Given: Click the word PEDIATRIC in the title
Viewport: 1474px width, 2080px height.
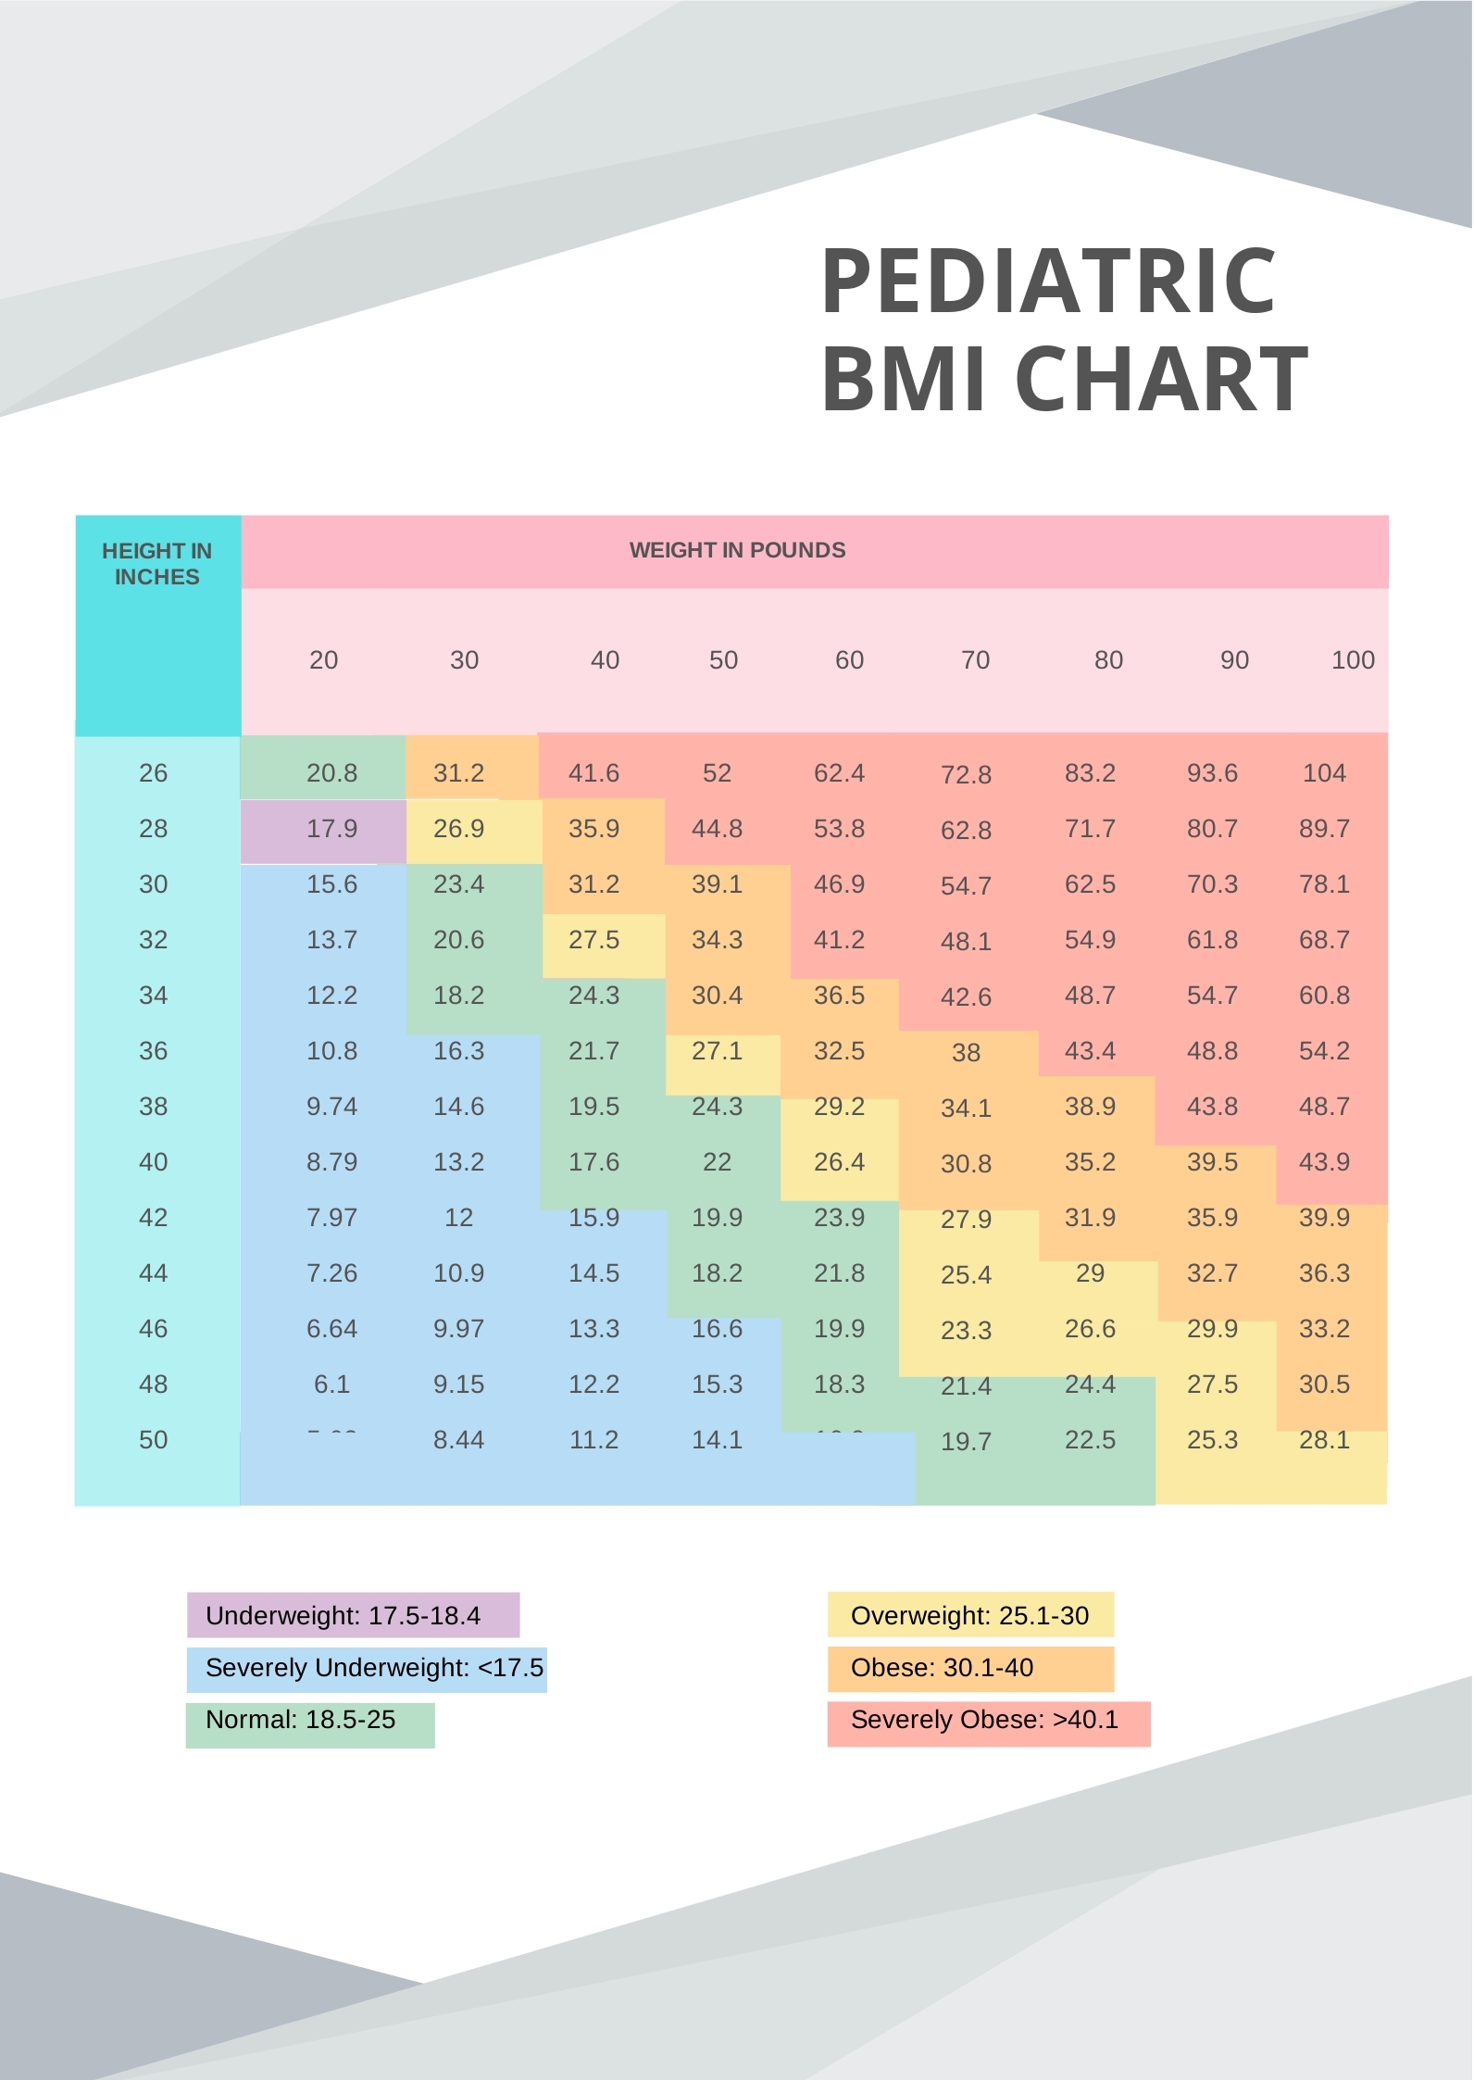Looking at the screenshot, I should tap(1048, 282).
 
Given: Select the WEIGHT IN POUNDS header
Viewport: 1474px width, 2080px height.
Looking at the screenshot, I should tap(737, 550).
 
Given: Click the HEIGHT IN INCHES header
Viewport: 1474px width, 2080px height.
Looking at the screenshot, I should tap(156, 564).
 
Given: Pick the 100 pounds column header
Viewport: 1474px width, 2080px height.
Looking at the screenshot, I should tap(1353, 660).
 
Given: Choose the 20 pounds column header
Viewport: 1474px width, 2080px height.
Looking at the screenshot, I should tap(323, 660).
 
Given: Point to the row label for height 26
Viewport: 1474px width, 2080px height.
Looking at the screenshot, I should tap(154, 773).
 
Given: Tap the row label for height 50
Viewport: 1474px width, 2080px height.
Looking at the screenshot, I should tap(154, 1440).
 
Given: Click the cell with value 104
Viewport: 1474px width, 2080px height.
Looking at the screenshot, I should tap(1324, 773).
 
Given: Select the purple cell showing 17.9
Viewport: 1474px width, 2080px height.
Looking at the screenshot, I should tap(331, 829).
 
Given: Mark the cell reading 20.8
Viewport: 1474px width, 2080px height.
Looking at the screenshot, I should tap(331, 773).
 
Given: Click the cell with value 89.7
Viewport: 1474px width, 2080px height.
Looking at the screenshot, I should tap(1324, 829).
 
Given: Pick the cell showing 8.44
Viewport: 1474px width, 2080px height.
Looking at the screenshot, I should tap(458, 1440).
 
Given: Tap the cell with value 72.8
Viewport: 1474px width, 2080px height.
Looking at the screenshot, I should tap(966, 775).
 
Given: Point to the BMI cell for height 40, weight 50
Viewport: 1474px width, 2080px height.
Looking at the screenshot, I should tap(717, 1162).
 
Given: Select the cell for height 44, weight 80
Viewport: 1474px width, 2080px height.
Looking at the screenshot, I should tap(1090, 1273).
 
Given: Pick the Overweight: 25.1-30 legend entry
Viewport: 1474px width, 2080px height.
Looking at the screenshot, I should tap(969, 1616).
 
